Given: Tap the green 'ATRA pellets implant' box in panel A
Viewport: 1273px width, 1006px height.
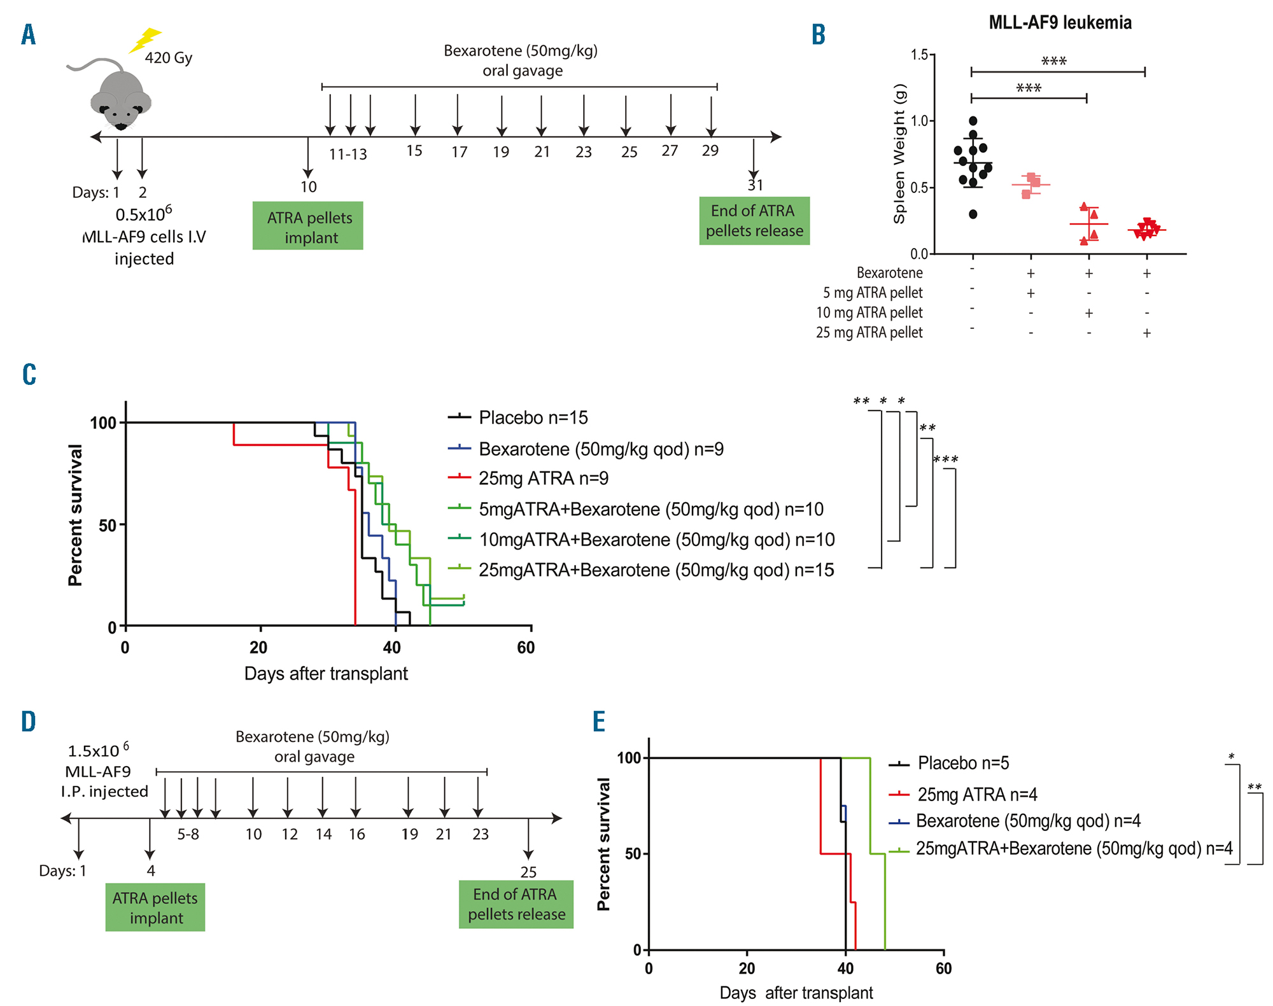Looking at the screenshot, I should [308, 227].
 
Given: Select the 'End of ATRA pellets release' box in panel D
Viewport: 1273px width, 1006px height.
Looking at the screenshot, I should [516, 904].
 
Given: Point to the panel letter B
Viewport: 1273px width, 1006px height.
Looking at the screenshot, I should [819, 34].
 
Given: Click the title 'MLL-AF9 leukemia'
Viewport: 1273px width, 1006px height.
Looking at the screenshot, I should [1060, 23].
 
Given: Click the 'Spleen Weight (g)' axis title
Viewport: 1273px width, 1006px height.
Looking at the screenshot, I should [899, 153].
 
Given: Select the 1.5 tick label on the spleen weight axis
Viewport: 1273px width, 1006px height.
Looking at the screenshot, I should [918, 55].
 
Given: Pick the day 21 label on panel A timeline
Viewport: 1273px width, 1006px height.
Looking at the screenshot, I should [542, 152].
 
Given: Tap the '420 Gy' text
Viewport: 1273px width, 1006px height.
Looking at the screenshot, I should [168, 58].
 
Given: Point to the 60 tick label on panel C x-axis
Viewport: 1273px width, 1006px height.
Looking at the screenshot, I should [526, 648].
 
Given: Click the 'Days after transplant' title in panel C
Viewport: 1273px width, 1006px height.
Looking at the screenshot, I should [326, 674].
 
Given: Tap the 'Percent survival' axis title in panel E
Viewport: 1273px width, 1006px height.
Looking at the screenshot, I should [603, 844].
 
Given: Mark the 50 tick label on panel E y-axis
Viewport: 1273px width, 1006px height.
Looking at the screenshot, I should [633, 854].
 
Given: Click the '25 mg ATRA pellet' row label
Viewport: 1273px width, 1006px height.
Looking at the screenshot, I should [869, 333].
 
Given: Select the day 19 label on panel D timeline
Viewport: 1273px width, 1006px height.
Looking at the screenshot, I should [410, 834].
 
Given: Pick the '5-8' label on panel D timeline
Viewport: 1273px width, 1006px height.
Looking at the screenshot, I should [188, 834].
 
